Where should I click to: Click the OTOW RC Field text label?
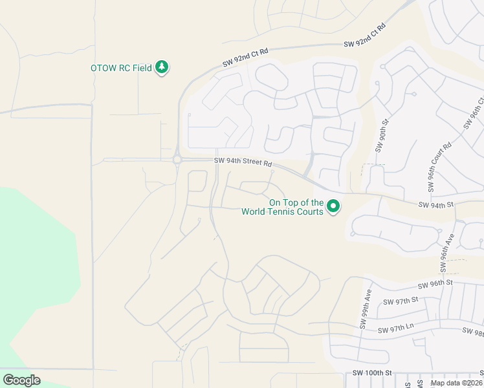pos(121,68)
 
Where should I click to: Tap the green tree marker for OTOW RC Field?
pos(162,67)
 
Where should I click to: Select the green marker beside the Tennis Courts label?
pos(333,207)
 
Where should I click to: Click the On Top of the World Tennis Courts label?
pos(282,207)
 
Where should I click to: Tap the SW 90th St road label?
pos(382,135)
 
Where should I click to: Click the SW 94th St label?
pos(437,205)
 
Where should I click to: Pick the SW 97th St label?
pos(401,301)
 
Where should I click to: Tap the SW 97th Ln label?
pos(397,330)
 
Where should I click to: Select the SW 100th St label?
pos(373,373)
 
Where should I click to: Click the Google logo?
pos(21,380)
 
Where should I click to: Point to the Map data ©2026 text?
pos(456,383)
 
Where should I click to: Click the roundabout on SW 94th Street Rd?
pos(177,160)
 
